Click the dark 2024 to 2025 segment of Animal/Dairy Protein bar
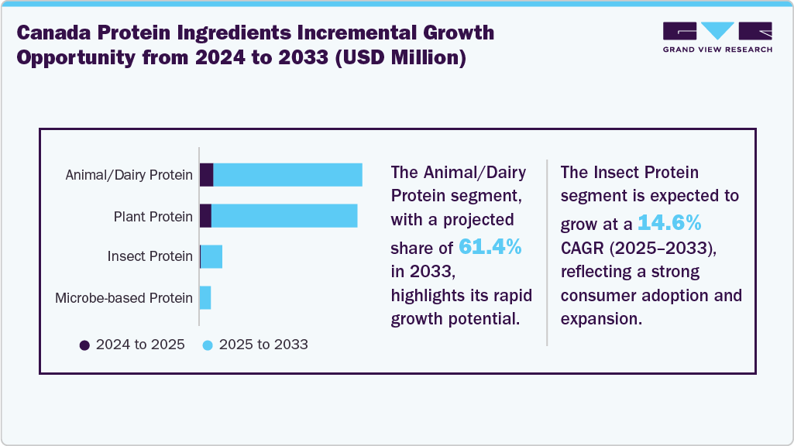pyautogui.click(x=206, y=175)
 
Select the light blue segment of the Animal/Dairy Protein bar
pyautogui.click(x=287, y=175)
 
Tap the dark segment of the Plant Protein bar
pyautogui.click(x=205, y=216)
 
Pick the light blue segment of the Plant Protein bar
pyautogui.click(x=284, y=216)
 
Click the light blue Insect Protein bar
pyautogui.click(x=212, y=256)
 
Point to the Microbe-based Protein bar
pyautogui.click(x=205, y=297)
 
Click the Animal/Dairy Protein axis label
pyautogui.click(x=129, y=175)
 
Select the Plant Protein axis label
pyautogui.click(x=153, y=216)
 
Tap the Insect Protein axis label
pyautogui.click(x=150, y=256)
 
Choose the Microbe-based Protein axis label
pyautogui.click(x=124, y=297)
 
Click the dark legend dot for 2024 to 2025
pyautogui.click(x=84, y=345)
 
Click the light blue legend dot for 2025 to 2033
pyautogui.click(x=208, y=345)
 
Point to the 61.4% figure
pyautogui.click(x=490, y=246)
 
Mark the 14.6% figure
pyautogui.click(x=669, y=224)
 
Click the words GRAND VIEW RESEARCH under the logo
pyautogui.click(x=717, y=49)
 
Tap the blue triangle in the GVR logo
pyautogui.click(x=717, y=31)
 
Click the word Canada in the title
pyautogui.click(x=53, y=33)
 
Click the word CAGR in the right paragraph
pyautogui.click(x=583, y=247)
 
